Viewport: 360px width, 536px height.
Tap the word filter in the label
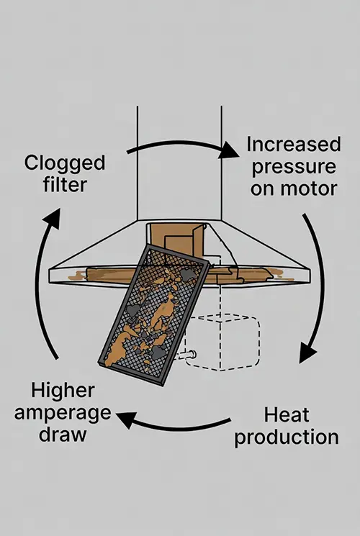pos(65,185)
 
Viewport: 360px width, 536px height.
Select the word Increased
pos(294,144)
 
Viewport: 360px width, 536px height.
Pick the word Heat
pos(287,415)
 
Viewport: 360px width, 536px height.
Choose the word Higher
pos(63,391)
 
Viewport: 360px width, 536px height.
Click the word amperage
pos(63,413)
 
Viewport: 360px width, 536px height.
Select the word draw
pos(63,434)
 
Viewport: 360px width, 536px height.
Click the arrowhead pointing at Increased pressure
pos(228,150)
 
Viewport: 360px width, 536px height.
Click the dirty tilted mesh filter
pos(153,315)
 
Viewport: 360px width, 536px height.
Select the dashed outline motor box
pos(222,342)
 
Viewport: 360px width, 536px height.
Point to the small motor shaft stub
pos(186,355)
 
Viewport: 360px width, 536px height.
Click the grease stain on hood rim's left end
pos(77,275)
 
